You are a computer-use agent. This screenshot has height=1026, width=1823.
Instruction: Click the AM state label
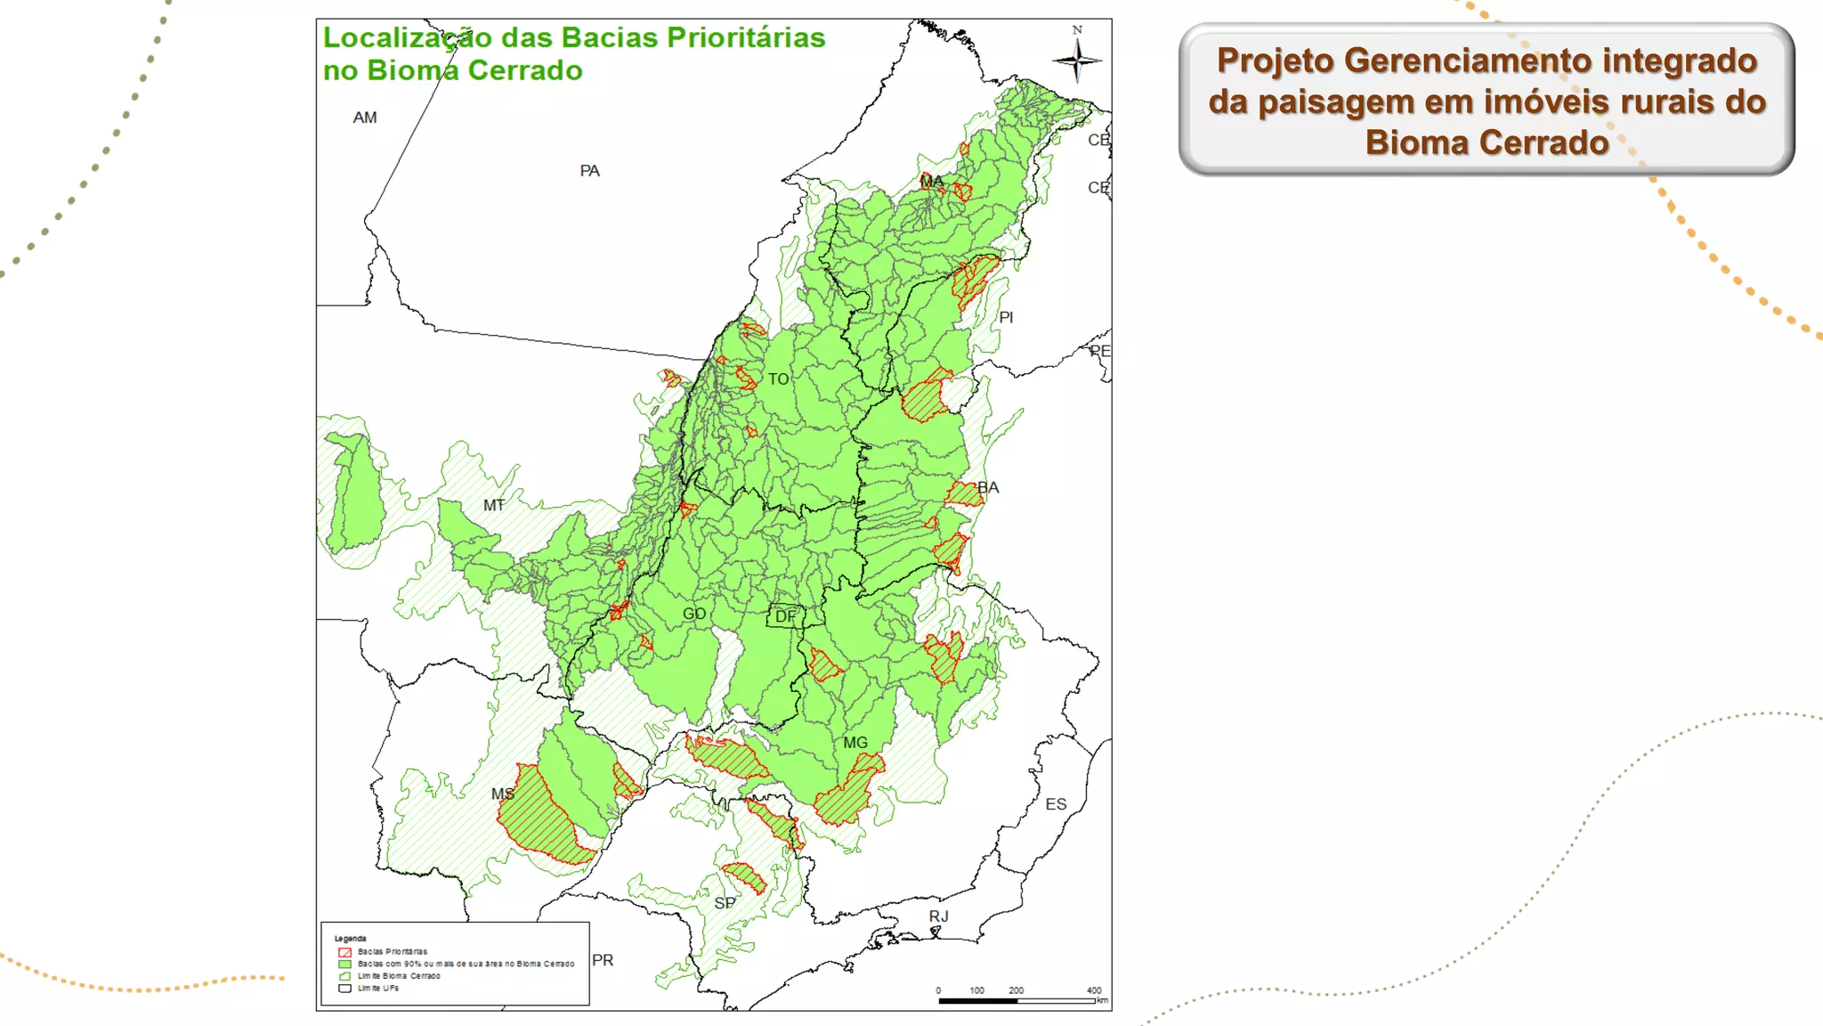(x=365, y=118)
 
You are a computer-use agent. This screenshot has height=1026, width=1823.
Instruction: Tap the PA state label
(x=589, y=171)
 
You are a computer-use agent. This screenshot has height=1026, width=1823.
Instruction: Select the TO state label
(x=779, y=379)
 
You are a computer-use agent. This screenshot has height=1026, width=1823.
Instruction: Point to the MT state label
(x=494, y=505)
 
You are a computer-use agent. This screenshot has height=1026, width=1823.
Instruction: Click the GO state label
(x=694, y=614)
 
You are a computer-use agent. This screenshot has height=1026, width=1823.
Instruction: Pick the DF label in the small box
(x=785, y=616)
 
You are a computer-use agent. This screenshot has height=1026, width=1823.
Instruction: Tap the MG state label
(x=855, y=743)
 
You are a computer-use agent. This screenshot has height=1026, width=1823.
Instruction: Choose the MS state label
(x=503, y=794)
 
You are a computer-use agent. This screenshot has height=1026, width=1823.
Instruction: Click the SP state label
(x=725, y=903)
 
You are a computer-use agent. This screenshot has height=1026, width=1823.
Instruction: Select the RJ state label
(x=939, y=916)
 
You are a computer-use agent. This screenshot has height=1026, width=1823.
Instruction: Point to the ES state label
(x=1056, y=804)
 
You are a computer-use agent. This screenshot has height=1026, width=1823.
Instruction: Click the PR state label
(x=603, y=960)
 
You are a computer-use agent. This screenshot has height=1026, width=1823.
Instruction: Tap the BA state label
(x=989, y=488)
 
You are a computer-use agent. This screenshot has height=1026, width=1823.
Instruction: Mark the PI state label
(x=1006, y=317)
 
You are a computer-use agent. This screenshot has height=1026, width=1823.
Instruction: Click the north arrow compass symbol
(x=1077, y=60)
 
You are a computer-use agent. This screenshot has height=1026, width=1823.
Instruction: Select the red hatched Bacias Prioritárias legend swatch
(x=344, y=952)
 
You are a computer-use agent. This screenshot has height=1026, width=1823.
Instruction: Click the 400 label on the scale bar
(x=1094, y=990)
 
